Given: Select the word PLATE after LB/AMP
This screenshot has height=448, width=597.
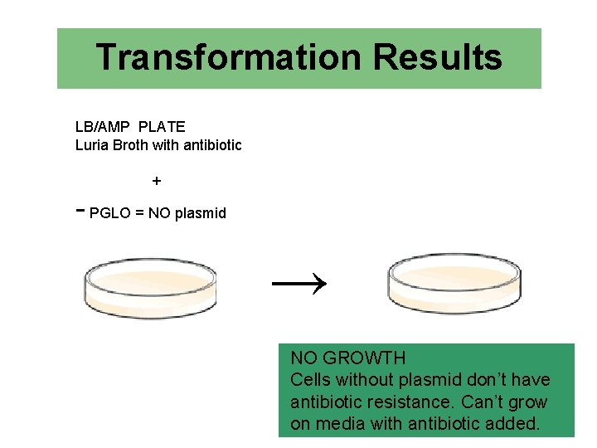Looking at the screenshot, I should pyautogui.click(x=162, y=127).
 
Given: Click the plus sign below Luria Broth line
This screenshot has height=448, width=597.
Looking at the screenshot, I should pyautogui.click(x=157, y=180).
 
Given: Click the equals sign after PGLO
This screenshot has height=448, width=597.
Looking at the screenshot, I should pyautogui.click(x=140, y=213).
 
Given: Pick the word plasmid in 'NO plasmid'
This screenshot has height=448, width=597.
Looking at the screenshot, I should pyautogui.click(x=199, y=213).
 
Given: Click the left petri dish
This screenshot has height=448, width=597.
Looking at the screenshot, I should pyautogui.click(x=150, y=287).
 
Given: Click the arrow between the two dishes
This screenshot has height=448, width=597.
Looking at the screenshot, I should pyautogui.click(x=300, y=285).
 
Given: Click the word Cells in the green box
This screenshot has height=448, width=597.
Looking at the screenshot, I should pyautogui.click(x=310, y=380).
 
